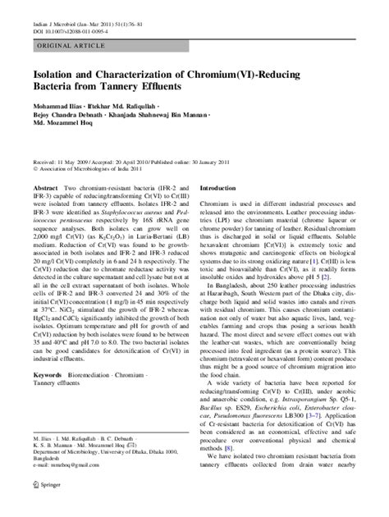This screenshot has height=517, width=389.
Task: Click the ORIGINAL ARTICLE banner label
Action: pos(63,47)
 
